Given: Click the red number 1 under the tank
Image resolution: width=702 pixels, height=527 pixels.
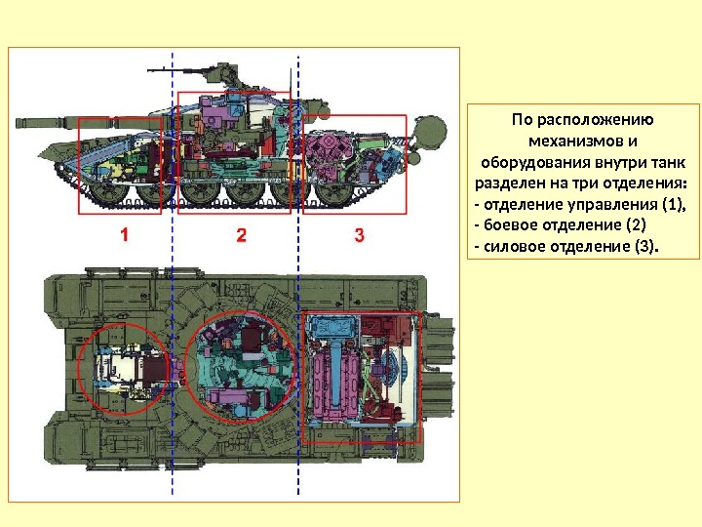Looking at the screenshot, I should (x=125, y=234).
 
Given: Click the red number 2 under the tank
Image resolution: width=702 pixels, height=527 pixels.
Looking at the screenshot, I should (x=242, y=234).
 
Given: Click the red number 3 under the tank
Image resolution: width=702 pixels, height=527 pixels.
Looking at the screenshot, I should (x=359, y=234).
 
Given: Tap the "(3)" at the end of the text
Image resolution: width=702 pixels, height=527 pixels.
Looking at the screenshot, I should (x=646, y=246).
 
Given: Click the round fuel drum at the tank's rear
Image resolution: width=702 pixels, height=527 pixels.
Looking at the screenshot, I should (x=428, y=131).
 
